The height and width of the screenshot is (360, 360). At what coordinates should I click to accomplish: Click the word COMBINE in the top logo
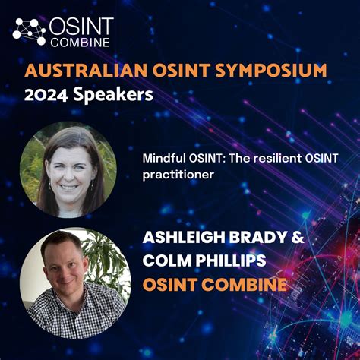(80, 42)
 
